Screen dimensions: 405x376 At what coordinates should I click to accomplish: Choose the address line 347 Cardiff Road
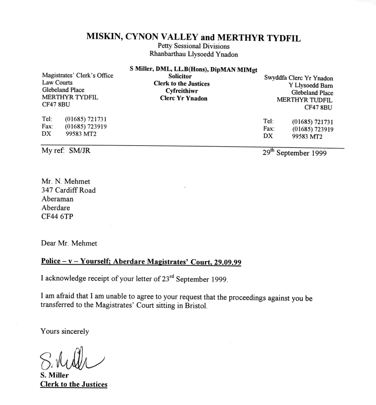click(69, 190)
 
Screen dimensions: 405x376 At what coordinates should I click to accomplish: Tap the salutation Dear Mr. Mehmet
click(70, 244)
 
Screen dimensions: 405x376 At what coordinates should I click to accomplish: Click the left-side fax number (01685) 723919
click(86, 127)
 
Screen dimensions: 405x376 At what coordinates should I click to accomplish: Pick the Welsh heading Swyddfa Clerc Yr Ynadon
click(299, 78)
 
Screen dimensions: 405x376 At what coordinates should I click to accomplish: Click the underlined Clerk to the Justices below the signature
click(74, 385)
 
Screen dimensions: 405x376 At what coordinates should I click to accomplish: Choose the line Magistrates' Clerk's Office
click(77, 75)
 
